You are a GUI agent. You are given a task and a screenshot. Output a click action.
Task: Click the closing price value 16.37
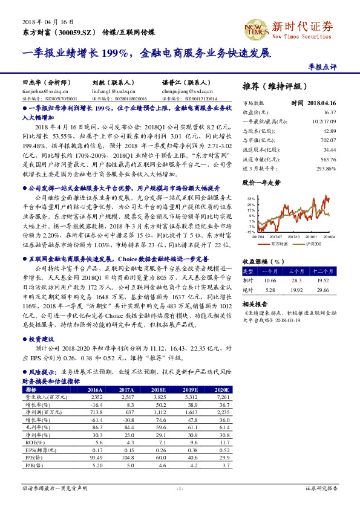[x=329, y=112]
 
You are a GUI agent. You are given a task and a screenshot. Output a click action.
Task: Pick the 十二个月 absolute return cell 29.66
[x=321, y=290]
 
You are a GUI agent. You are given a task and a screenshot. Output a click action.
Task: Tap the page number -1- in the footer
[x=180, y=488]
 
